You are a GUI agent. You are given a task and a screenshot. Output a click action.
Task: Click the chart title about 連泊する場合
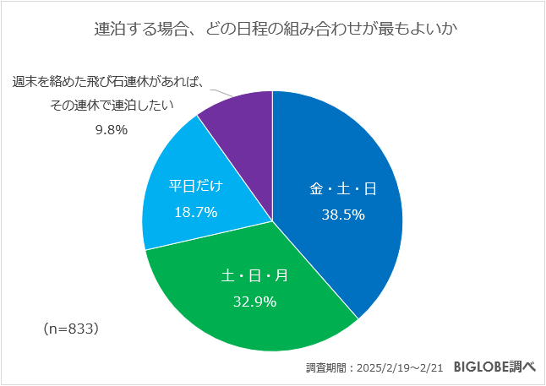tap(272, 30)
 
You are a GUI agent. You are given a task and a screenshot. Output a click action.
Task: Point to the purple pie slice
tap(241, 118)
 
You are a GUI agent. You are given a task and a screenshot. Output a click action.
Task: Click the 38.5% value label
tap(342, 215)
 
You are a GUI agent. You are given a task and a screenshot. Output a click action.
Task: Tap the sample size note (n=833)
tap(71, 329)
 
